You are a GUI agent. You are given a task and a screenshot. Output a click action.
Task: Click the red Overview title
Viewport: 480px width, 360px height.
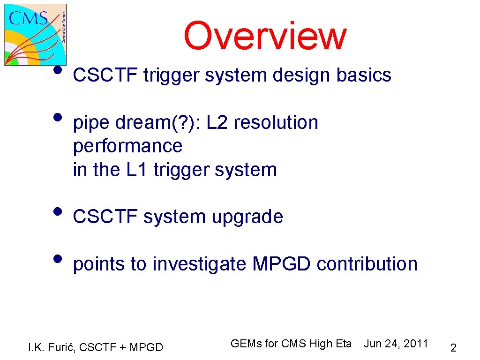(265, 36)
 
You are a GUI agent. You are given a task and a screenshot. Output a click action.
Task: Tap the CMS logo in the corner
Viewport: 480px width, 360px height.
(36, 34)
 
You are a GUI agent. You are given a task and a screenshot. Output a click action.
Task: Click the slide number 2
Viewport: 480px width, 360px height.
(453, 348)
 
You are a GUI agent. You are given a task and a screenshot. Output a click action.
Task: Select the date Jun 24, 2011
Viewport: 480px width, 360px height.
(396, 344)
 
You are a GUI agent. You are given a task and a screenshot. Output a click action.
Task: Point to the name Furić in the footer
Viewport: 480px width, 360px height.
(64, 347)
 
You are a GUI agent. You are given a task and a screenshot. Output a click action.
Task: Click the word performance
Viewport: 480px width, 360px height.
(127, 146)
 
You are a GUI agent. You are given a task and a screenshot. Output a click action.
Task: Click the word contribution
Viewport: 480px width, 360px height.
(367, 264)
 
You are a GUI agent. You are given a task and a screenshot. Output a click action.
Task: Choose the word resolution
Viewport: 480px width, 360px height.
(276, 122)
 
